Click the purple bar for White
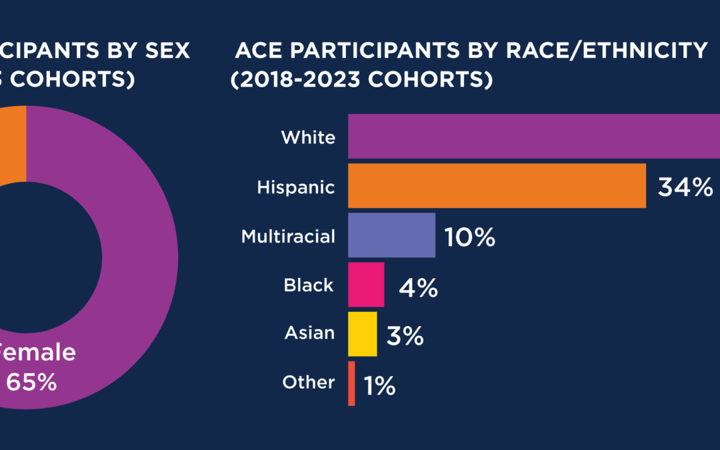point(533,137)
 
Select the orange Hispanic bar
point(497,185)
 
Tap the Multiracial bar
point(391,235)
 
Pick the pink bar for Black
point(366,285)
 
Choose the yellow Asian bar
point(362,333)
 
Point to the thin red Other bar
point(351,383)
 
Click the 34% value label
point(685,187)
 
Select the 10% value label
point(470,237)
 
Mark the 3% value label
point(405,336)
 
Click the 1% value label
point(379,385)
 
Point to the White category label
point(308,137)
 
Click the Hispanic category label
point(296,187)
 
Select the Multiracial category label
point(288,236)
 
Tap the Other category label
point(308,382)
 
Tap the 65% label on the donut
point(31,383)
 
